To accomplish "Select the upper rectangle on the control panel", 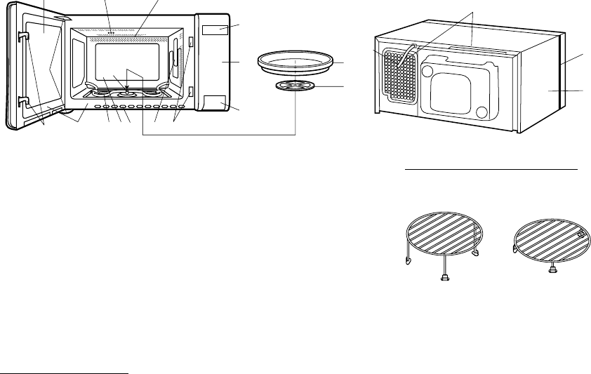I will tap(215, 29).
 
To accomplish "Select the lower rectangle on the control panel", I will tap(215, 102).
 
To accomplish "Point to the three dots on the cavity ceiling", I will tap(111, 32).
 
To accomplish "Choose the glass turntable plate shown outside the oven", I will tap(294, 62).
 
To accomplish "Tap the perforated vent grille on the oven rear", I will tap(398, 70).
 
